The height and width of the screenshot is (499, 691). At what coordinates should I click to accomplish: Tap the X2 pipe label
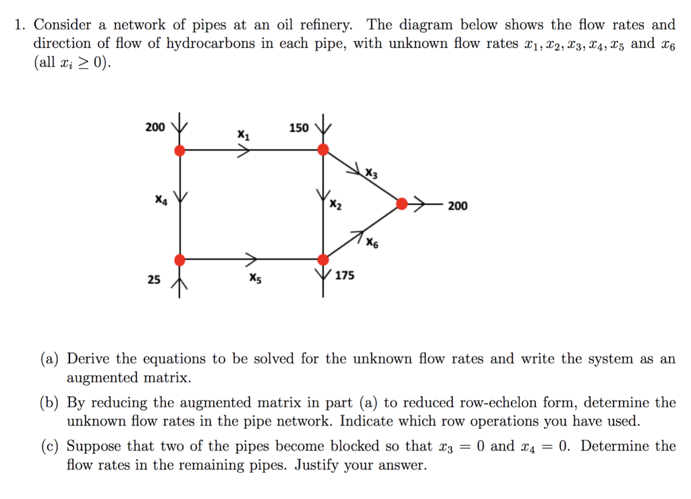coord(335,206)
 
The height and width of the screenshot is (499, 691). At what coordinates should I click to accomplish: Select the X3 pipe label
coord(371,175)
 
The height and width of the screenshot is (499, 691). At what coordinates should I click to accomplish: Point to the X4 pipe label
coord(160,200)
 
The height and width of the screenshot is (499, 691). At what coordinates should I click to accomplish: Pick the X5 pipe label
coord(254,277)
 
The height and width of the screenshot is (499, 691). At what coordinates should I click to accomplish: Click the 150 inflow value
coord(299,127)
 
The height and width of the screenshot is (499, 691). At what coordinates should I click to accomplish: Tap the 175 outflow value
coord(345,275)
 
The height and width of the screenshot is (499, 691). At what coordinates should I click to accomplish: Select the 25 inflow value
coord(155,279)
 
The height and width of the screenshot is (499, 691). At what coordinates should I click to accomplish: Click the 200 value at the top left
coord(155,127)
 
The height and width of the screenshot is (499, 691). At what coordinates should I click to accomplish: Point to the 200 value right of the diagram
coord(457,206)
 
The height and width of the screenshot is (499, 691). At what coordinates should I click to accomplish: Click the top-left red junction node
coord(179,150)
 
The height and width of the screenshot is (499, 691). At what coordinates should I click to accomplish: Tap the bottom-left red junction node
coord(179,260)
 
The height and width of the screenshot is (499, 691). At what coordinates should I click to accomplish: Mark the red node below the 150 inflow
coord(323,150)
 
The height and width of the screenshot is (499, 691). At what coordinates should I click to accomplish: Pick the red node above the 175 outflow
coord(323,260)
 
